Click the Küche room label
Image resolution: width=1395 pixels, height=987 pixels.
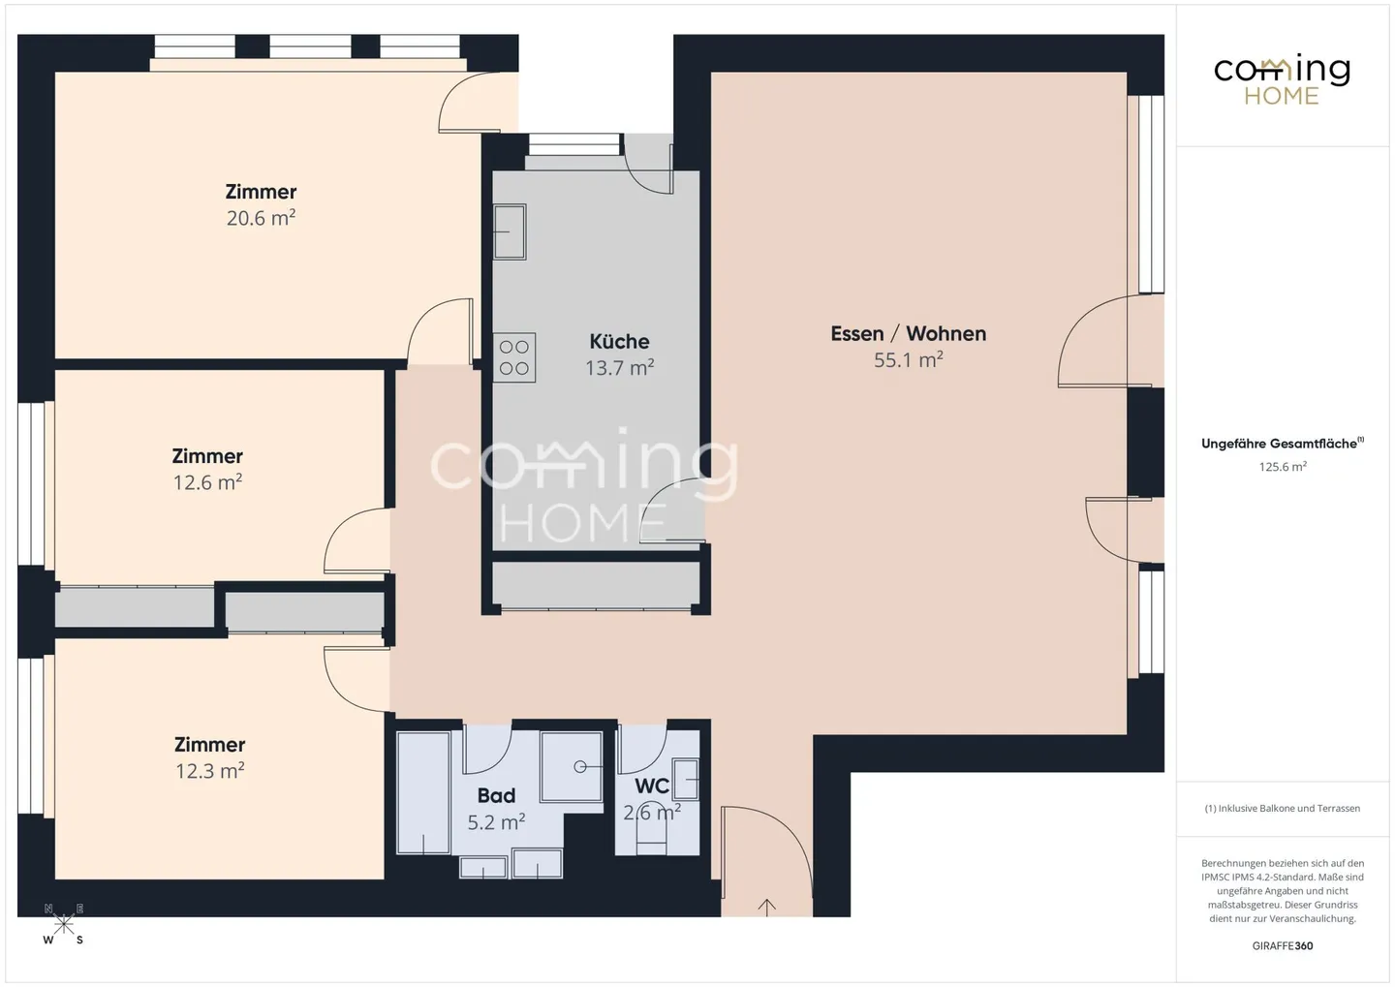click(x=619, y=341)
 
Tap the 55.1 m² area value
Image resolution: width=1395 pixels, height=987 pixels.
click(x=908, y=359)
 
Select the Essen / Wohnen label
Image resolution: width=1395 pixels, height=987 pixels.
click(x=908, y=334)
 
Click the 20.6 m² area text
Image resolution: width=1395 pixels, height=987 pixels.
click(x=261, y=217)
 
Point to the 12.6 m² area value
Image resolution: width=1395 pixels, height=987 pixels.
click(x=207, y=482)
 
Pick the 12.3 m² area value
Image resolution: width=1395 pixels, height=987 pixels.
click(x=209, y=771)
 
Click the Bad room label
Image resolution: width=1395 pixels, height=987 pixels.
click(x=496, y=795)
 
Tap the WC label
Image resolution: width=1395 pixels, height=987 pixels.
click(x=651, y=786)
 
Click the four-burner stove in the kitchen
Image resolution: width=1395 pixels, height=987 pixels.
click(x=514, y=357)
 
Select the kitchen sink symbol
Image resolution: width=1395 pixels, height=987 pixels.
click(x=510, y=231)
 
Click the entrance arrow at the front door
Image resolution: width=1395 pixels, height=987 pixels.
click(x=766, y=908)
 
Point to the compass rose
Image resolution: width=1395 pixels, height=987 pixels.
click(x=64, y=924)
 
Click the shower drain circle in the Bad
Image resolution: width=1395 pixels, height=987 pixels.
click(x=579, y=766)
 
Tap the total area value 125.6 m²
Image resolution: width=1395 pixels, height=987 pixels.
click(x=1283, y=467)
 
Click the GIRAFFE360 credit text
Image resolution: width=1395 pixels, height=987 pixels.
click(x=1283, y=945)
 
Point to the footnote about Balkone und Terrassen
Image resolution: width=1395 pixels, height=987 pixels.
click(x=1283, y=808)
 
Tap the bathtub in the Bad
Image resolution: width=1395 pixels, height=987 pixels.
click(x=423, y=792)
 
